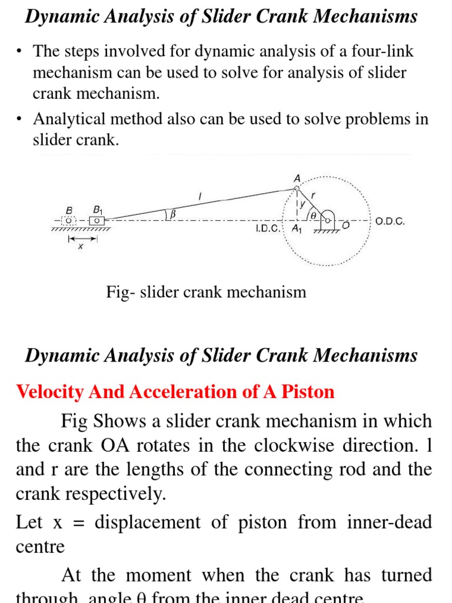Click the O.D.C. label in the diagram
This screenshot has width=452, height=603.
[x=390, y=223]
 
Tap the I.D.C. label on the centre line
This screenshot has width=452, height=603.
[x=268, y=228]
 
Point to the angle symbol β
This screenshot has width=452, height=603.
[x=173, y=216]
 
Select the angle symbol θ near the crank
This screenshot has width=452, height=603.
[x=313, y=216]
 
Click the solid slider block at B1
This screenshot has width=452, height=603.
[x=97, y=221]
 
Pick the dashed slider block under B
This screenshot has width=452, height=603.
[x=69, y=221]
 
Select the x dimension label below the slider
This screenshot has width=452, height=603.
[x=81, y=247]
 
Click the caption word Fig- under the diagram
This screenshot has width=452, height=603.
[x=121, y=291]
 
